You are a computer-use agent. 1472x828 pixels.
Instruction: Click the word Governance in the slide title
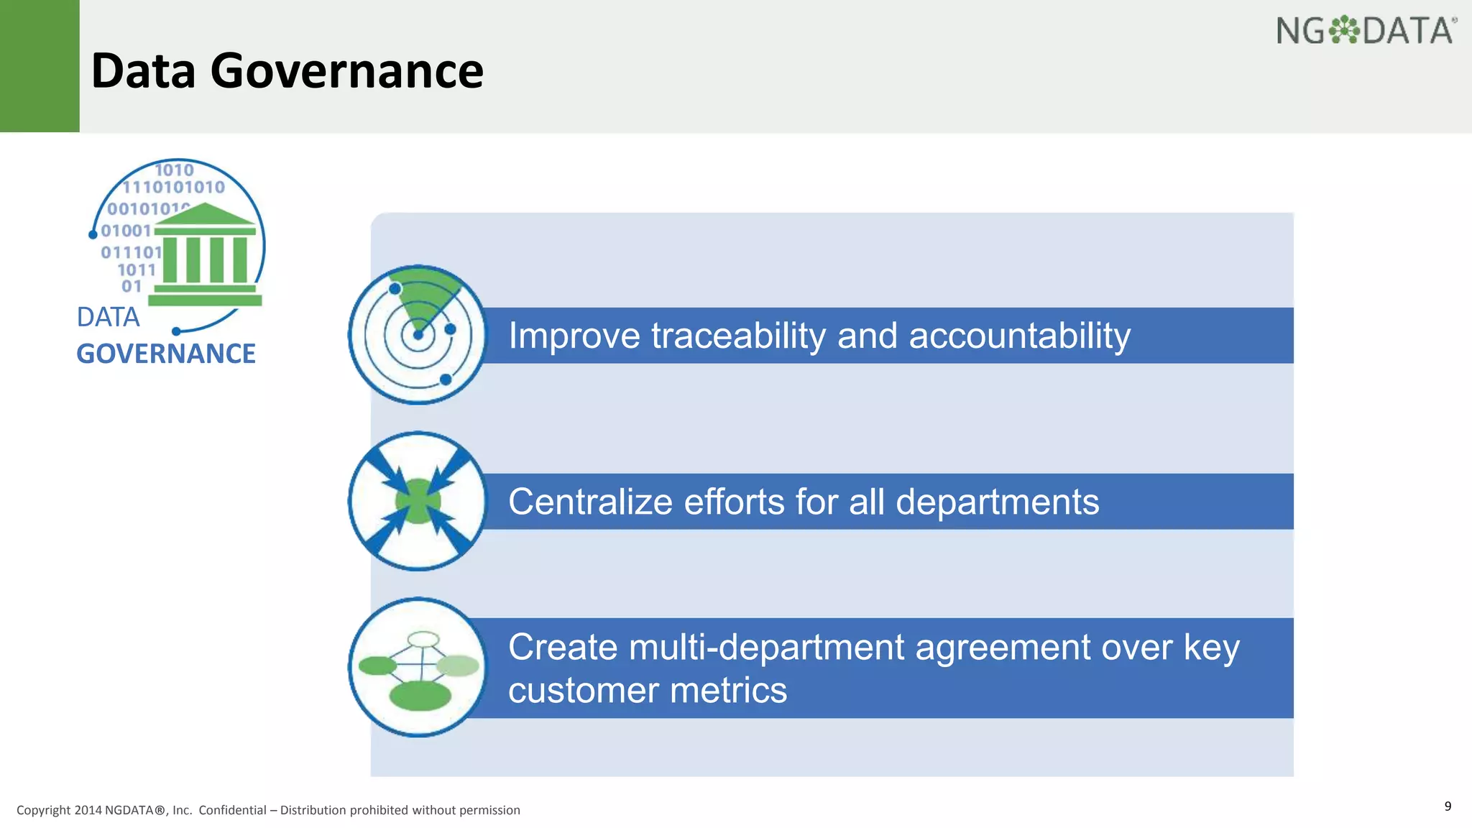click(x=346, y=71)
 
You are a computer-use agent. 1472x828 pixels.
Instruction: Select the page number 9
click(x=1448, y=806)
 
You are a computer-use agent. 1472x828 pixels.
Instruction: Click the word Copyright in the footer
click(x=43, y=810)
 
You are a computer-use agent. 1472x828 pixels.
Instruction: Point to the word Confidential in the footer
click(x=232, y=810)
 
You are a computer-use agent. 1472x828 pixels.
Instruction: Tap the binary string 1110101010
click(x=174, y=188)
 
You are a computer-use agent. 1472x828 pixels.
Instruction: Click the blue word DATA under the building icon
click(x=108, y=317)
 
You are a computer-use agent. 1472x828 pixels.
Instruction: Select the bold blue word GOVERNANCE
click(x=166, y=354)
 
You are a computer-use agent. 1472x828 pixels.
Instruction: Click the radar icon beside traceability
click(x=418, y=335)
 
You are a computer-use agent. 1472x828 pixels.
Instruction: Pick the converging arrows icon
click(x=418, y=501)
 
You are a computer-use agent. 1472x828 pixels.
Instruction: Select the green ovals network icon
click(x=418, y=667)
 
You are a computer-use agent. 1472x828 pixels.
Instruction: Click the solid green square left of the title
click(x=40, y=66)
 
